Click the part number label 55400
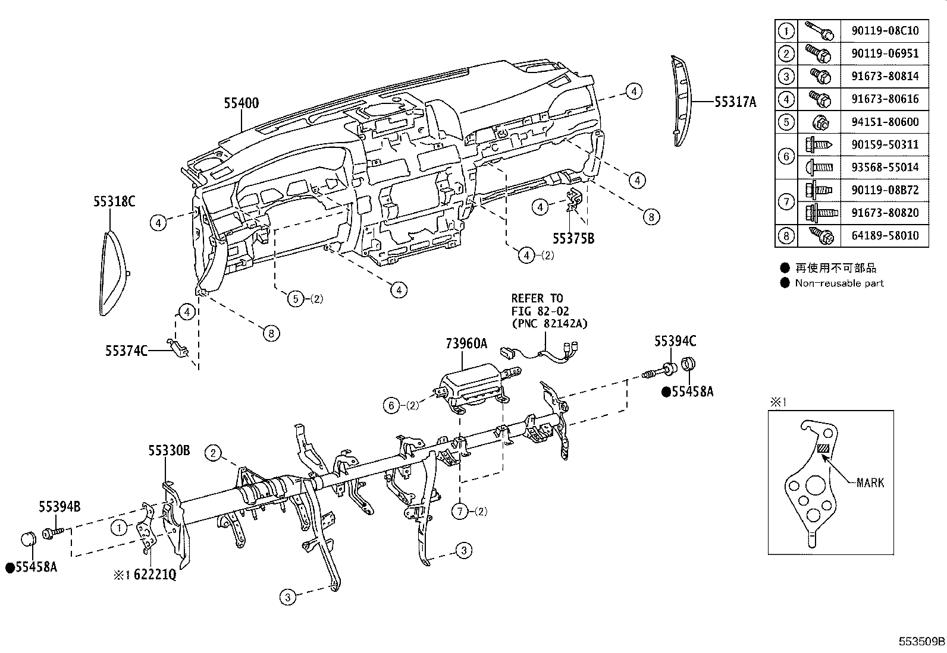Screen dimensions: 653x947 241,103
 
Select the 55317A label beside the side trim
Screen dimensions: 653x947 735,102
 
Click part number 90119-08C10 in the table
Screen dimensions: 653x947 885,30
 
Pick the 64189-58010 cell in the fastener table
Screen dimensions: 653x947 885,235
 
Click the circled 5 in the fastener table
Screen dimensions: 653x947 786,122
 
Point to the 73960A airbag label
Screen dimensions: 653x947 466,343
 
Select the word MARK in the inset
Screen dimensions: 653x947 870,482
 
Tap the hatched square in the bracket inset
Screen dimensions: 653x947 823,450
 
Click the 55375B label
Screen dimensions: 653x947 573,239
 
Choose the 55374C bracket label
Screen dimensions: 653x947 126,351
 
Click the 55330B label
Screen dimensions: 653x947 169,452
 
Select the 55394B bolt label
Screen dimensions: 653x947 59,507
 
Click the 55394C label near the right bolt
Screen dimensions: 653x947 675,342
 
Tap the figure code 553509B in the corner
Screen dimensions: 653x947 921,642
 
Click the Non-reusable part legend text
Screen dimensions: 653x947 839,283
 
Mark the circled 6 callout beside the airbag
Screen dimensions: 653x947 391,406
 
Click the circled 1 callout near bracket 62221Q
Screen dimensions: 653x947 119,527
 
